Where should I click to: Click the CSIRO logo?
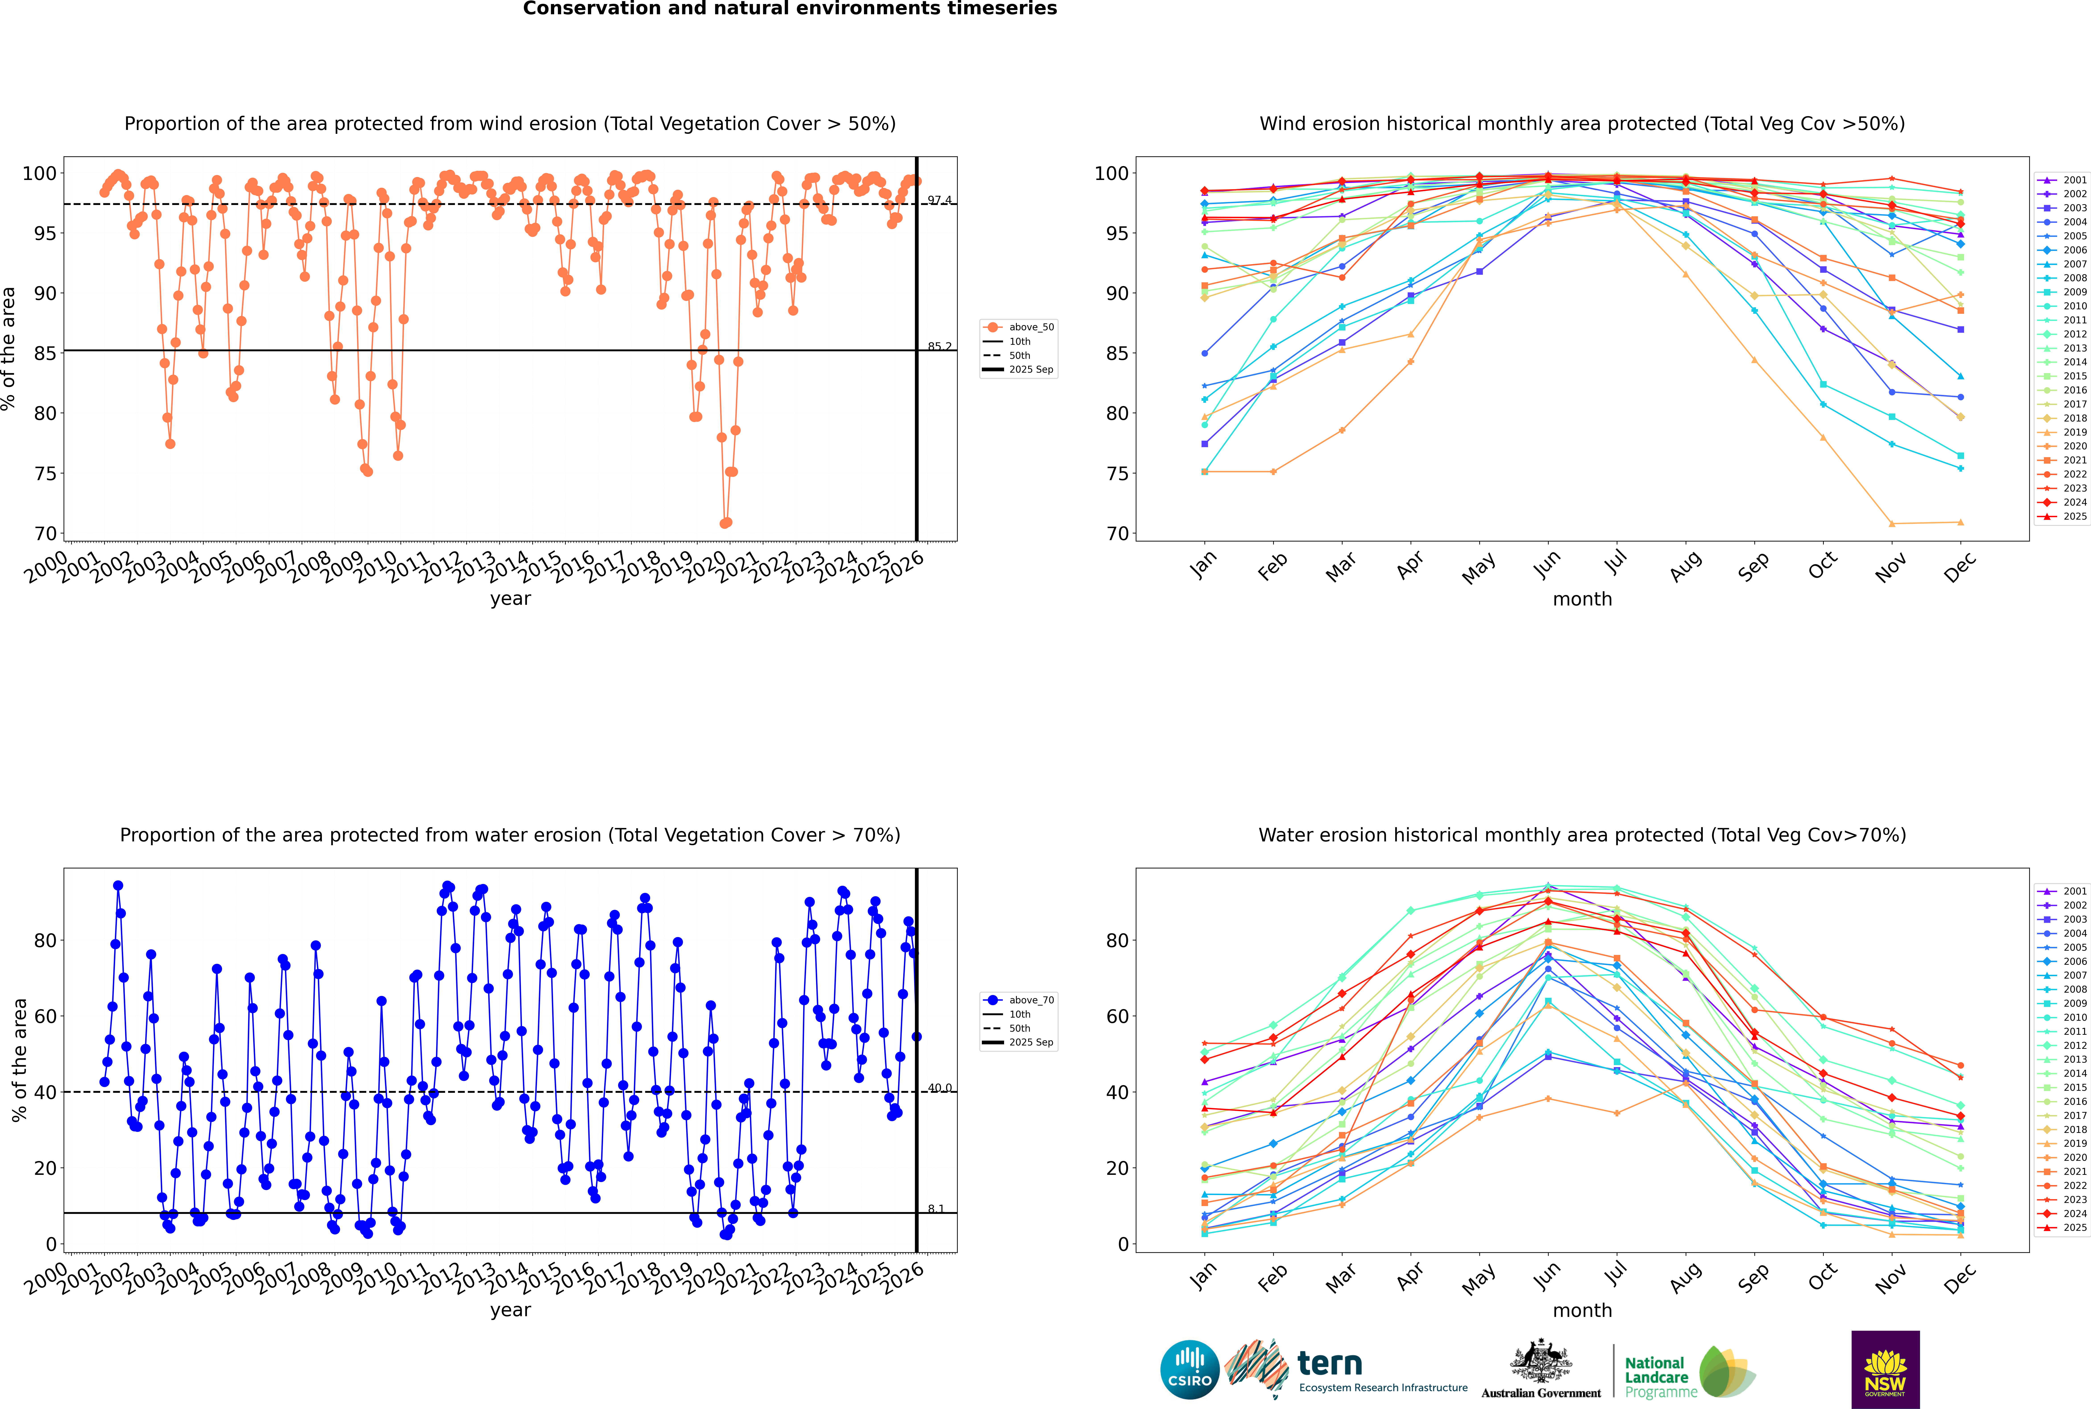click(x=1189, y=1370)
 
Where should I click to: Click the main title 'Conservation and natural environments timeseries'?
click(x=789, y=9)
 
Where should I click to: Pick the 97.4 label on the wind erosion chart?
click(x=939, y=200)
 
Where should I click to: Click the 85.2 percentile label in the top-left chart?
click(x=939, y=347)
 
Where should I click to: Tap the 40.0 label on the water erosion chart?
click(x=939, y=1088)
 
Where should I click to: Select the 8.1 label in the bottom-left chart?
click(x=936, y=1209)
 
